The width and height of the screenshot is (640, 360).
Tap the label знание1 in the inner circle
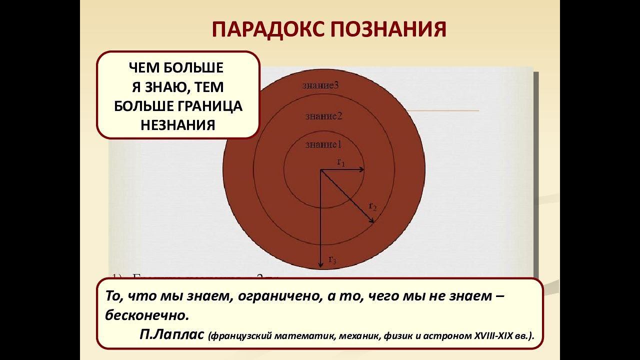[x=323, y=145]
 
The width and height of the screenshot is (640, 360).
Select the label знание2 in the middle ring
[x=323, y=116]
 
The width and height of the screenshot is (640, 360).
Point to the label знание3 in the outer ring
[x=320, y=85]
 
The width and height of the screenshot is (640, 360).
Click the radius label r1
[x=341, y=162]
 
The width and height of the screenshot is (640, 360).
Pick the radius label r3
[x=332, y=259]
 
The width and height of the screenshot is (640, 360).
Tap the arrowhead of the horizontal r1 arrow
[x=362, y=170]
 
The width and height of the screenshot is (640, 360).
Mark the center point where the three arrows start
[x=320, y=170]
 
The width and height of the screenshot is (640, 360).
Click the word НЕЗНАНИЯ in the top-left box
[x=177, y=125]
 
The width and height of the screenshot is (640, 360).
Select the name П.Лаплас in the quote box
[x=172, y=335]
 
